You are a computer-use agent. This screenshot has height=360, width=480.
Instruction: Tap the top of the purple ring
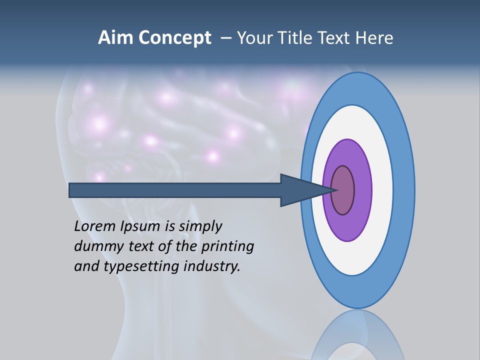click(347, 145)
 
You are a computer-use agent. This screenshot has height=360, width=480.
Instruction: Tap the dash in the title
click(225, 38)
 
